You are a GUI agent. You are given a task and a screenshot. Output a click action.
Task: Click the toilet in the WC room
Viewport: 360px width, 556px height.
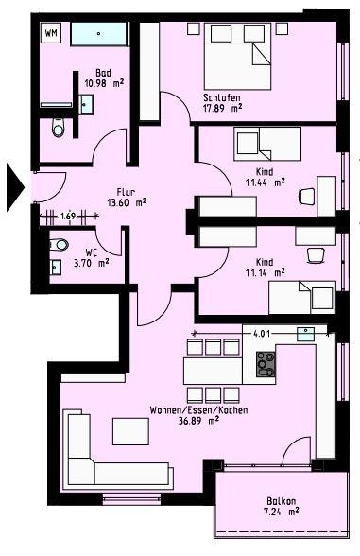point(61,244)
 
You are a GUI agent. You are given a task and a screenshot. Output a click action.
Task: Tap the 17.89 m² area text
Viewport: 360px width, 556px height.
point(223,108)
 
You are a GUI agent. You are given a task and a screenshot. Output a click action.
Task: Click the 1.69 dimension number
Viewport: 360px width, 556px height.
point(67,216)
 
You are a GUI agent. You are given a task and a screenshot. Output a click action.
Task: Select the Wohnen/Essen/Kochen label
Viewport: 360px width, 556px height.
point(184,410)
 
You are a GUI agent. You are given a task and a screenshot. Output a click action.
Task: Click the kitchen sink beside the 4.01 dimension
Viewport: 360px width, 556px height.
point(306,333)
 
